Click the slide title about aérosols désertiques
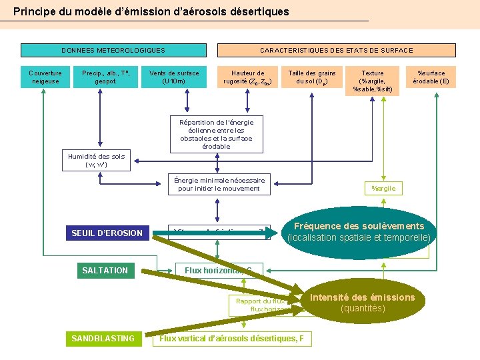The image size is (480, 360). coord(151,11)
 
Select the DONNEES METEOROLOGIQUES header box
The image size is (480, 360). coord(113,51)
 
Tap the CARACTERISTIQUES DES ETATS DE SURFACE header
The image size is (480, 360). coord(337,51)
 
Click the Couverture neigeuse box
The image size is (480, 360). coord(45,77)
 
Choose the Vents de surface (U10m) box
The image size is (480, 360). coord(174,77)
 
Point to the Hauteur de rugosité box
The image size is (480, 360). coord(247,77)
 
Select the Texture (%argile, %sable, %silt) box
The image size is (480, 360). coord(373,81)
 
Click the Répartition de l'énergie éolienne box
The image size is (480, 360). coord(216,134)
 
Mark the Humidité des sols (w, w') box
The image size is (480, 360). coord(95,160)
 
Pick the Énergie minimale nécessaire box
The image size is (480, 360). coord(219,185)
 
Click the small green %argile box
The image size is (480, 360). coord(383,189)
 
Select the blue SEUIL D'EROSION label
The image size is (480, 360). coord(107,233)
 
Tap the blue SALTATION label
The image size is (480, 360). coord(105,270)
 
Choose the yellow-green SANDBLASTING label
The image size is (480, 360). coord(103,339)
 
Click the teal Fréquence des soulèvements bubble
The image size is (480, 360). coord(359,231)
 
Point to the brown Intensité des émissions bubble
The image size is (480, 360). coord(362,303)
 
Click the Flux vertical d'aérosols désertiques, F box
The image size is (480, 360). coord(231,339)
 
